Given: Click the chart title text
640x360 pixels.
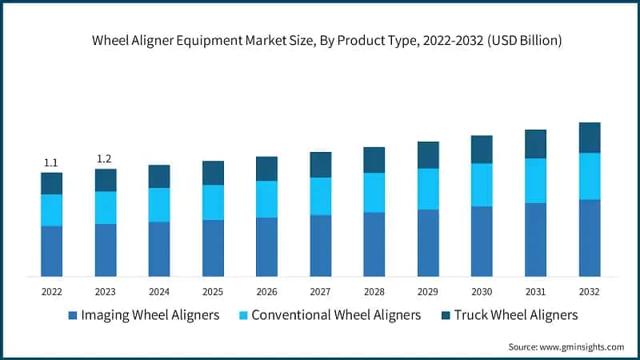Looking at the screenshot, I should (320, 41).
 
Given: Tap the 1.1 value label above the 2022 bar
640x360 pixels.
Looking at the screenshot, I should (51, 162).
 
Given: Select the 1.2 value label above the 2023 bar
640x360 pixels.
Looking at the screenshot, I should (105, 158).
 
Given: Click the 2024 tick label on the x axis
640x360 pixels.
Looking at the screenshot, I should (158, 292).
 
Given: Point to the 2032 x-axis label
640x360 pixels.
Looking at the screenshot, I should (589, 292).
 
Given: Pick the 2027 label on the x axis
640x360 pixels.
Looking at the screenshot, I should (320, 292).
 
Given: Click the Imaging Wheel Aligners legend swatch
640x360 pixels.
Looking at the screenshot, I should (73, 315).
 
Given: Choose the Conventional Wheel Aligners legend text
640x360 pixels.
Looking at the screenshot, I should (336, 315).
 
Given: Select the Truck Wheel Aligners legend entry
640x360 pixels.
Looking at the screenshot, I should (515, 315).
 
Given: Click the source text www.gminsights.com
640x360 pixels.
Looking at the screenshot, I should (566, 346).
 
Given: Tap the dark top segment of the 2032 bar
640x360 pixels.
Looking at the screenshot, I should (590, 138).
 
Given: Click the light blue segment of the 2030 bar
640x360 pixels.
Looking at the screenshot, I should (482, 185).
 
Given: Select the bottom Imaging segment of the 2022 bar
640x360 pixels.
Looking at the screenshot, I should (51, 251).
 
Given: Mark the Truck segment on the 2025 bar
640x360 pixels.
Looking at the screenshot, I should (213, 173).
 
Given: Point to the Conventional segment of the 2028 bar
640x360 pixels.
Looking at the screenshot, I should (374, 193).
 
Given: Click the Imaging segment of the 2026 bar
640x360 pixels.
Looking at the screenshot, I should (266, 247).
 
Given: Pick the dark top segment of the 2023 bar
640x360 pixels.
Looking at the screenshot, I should (105, 180).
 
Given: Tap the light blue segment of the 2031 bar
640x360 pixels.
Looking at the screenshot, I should (535, 181).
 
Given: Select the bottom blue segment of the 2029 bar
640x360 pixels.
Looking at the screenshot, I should (428, 243).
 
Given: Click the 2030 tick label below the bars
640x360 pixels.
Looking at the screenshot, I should (482, 292).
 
